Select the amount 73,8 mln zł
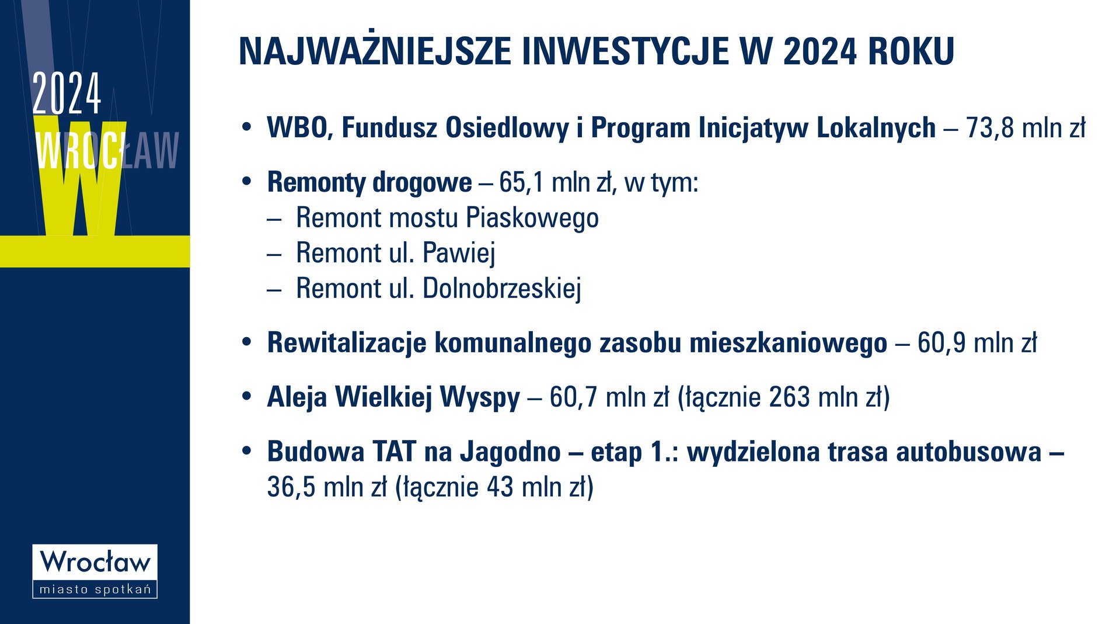[x=1026, y=128]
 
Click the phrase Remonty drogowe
[x=369, y=182]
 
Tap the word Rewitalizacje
[x=347, y=343]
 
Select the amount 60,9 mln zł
[x=977, y=343]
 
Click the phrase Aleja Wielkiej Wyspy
[x=393, y=397]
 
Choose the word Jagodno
[x=510, y=452]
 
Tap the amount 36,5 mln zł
[x=327, y=487]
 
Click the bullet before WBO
[x=246, y=127]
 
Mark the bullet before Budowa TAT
[x=246, y=451]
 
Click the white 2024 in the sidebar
[x=67, y=93]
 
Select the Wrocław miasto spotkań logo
[x=95, y=571]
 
